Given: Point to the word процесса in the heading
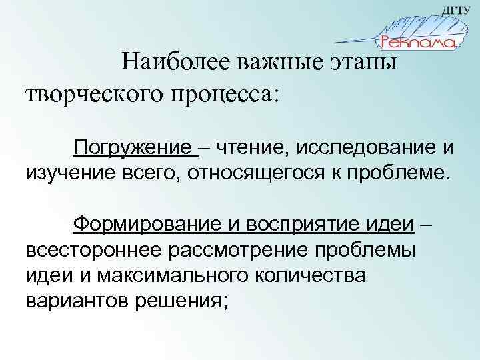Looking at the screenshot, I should click(x=223, y=94).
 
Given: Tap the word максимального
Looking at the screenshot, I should click(x=155, y=276).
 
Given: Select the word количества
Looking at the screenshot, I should click(x=310, y=276).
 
